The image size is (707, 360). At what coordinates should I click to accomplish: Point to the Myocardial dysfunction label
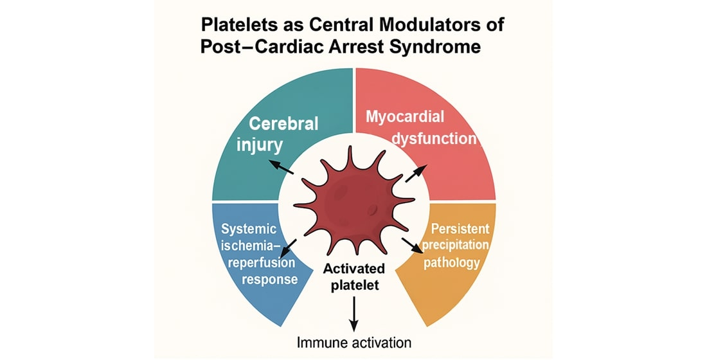[x=422, y=127]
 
